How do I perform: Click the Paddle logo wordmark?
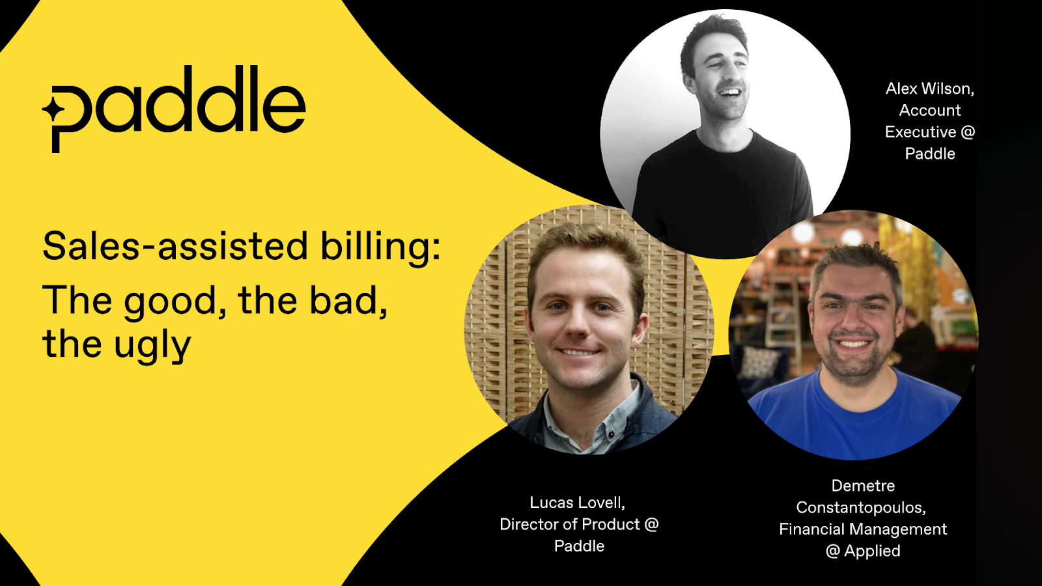click(174, 109)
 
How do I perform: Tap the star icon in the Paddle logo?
click(53, 110)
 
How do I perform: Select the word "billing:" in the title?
click(380, 247)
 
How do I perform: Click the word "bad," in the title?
click(348, 301)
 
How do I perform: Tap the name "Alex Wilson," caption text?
click(929, 89)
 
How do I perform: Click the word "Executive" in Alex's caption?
click(920, 132)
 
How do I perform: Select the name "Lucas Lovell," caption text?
click(577, 503)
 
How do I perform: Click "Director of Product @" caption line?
click(579, 525)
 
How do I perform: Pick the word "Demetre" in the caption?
click(863, 486)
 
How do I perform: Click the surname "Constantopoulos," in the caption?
click(861, 508)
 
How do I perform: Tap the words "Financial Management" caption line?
click(863, 530)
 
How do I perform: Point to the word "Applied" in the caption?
click(872, 551)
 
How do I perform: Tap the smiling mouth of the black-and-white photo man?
click(730, 92)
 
